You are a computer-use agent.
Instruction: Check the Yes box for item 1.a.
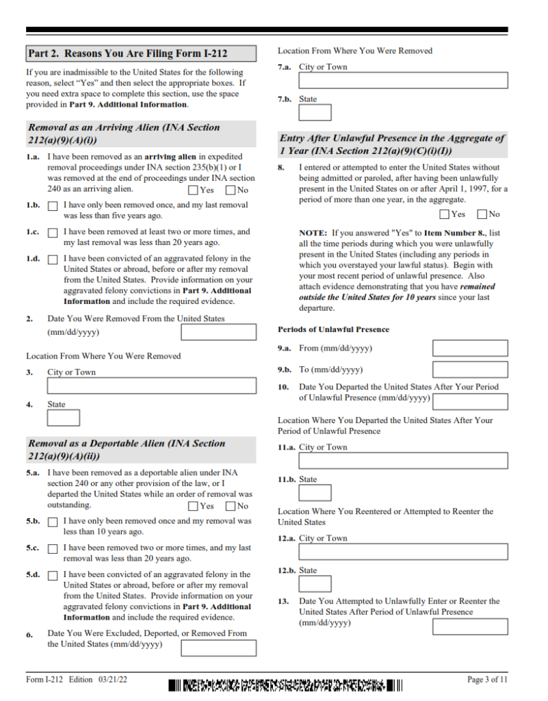[x=194, y=190]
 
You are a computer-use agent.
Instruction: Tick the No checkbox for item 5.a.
[x=231, y=507]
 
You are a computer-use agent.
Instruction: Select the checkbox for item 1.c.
[x=53, y=233]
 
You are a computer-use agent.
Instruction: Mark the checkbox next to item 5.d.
[x=53, y=576]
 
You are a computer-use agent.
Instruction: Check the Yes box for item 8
[x=445, y=214]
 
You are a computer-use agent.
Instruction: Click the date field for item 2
[x=218, y=333]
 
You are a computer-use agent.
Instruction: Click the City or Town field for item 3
[x=151, y=386]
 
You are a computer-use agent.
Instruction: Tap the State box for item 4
[x=63, y=418]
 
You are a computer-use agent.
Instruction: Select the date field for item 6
[x=218, y=648]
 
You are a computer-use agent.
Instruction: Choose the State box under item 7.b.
[x=315, y=113]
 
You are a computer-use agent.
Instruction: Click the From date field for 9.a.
[x=470, y=348]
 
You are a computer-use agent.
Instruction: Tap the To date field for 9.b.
[x=470, y=370]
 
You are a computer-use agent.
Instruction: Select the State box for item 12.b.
[x=315, y=584]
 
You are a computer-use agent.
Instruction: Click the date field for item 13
[x=470, y=626]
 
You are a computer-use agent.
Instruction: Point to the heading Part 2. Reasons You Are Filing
[x=128, y=53]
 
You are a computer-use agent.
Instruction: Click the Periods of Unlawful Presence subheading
[x=333, y=329]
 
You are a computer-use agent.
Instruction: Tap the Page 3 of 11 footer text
[x=487, y=680]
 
